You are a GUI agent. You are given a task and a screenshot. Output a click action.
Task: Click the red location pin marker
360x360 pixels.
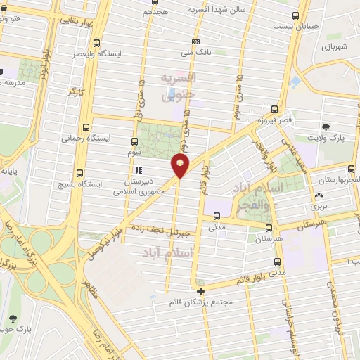coord(181,166)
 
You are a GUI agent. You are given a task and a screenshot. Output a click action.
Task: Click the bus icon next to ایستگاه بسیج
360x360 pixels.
coord(79,172)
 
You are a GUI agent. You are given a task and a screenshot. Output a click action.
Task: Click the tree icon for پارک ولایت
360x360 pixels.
coord(326,127)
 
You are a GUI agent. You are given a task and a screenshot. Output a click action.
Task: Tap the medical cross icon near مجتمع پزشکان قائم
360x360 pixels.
coord(201,290)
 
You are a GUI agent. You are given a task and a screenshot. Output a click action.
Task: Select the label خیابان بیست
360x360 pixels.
coord(320,25)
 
